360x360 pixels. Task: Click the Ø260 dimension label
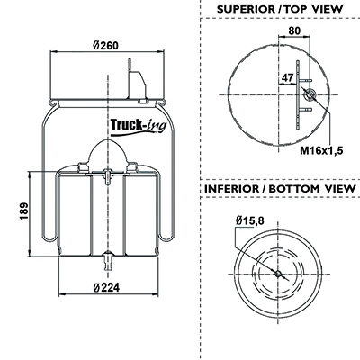tap(105, 46)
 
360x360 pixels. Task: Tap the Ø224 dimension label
tap(106, 288)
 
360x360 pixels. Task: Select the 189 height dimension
tap(24, 212)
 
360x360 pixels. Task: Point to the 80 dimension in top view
tap(294, 31)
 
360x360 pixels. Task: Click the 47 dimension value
tap(287, 78)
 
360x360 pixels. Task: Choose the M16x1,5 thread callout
tap(321, 150)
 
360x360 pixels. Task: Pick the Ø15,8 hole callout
tap(249, 221)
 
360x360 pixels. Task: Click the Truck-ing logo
tap(139, 126)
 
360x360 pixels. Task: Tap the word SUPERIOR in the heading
tap(245, 9)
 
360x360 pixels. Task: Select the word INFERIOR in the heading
tap(231, 189)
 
